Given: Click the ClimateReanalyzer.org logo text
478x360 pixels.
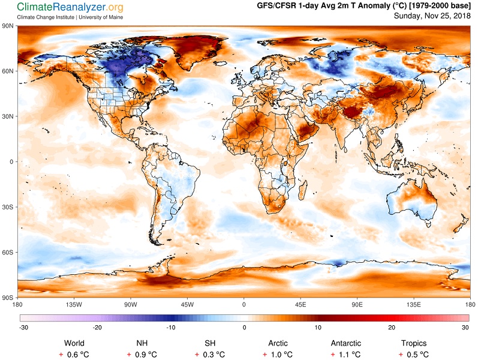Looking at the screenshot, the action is pos(70,7).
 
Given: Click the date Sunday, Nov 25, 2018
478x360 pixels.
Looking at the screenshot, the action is pos(432,16).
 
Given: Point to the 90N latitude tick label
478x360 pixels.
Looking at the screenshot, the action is pos(8,26).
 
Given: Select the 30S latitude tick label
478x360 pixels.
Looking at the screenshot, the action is pos(8,207).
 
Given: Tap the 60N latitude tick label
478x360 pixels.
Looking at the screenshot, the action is pos(8,71).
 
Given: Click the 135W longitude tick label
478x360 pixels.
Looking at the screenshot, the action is pos(74,304).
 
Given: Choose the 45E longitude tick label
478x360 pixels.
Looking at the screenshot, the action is pos(300,304).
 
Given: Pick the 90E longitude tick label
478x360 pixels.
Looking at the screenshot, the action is pos(357,304).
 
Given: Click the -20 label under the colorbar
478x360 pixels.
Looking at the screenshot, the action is pos(97,328).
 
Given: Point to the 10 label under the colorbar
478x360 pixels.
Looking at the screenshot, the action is pos(318,328).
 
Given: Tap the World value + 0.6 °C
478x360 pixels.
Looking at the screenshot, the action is pos(74,355).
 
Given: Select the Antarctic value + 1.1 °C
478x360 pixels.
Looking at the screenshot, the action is pos(345,355).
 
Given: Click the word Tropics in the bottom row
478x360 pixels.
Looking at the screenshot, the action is pos(414,343).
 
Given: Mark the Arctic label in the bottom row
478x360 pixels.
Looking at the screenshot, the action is pos(278,343).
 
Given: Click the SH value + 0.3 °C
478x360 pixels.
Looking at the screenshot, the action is pos(210,355).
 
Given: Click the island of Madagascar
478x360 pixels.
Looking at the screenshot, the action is pos(302,189).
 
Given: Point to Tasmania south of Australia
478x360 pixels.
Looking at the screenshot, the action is pos(428,224).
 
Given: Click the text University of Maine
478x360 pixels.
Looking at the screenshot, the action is pos(101,17).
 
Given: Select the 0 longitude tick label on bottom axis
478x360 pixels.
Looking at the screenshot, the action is pos(243,304).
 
